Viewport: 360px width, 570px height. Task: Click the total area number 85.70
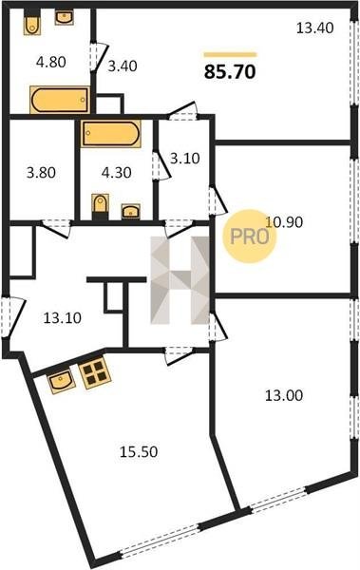[x=230, y=72]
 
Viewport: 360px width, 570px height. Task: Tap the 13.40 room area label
[x=315, y=28]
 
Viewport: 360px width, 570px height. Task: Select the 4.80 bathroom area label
[x=51, y=62]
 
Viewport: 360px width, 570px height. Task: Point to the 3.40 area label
[x=123, y=66]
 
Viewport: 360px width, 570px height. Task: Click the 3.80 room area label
[x=41, y=172]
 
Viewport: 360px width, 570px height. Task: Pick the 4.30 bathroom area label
[x=117, y=172]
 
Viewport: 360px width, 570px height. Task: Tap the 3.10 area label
[x=185, y=159]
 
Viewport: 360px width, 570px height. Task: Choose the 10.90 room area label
[x=284, y=221]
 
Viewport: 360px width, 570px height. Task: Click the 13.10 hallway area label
[x=63, y=318]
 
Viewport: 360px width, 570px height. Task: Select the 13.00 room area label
[x=284, y=395]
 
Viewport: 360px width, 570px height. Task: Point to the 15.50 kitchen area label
[x=139, y=452]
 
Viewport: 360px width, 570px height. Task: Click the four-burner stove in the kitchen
[x=95, y=372]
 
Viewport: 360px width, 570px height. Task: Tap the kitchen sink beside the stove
[x=62, y=382]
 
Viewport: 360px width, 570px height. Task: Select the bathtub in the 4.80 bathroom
[x=60, y=100]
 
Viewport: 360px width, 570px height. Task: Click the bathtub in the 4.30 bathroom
[x=110, y=133]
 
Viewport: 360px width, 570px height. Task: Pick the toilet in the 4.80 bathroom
[x=32, y=23]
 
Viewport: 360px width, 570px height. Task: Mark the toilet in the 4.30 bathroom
[x=101, y=206]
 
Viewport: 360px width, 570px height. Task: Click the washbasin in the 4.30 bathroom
[x=131, y=211]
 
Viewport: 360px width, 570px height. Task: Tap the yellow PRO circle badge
[x=250, y=237]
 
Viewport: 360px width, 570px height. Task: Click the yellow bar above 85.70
[x=230, y=55]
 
